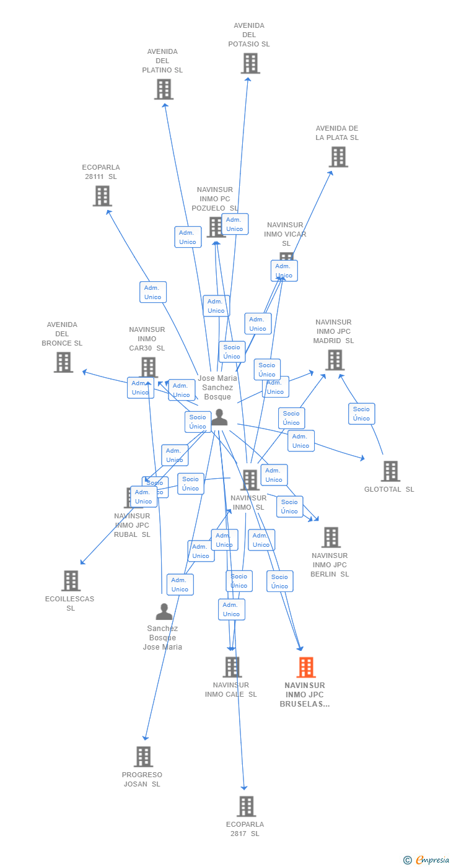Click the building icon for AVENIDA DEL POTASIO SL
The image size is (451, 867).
click(x=250, y=63)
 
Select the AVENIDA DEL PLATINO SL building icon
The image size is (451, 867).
click(x=164, y=89)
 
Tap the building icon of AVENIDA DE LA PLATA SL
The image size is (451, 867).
click(x=338, y=157)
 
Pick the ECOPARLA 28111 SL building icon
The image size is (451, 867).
click(x=102, y=196)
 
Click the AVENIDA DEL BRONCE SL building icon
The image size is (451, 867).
click(x=63, y=362)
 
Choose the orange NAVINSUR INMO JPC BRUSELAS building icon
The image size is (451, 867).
click(x=305, y=668)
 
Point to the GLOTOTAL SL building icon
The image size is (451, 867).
click(x=390, y=471)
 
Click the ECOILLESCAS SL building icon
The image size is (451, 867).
click(x=71, y=581)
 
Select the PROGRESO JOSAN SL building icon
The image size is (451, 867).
click(x=143, y=757)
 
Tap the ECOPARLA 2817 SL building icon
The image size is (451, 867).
click(x=246, y=806)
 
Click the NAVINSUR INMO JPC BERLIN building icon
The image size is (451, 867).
click(x=331, y=538)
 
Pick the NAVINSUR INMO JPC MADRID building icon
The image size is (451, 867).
click(x=335, y=360)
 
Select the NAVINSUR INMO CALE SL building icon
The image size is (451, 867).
click(x=232, y=667)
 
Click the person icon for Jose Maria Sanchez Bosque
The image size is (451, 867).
click(x=219, y=419)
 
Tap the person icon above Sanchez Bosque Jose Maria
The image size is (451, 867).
click(x=164, y=612)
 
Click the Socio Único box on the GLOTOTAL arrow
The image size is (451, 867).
click(x=361, y=414)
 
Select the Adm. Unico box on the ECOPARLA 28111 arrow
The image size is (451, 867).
click(x=152, y=292)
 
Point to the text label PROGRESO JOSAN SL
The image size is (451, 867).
click(x=142, y=779)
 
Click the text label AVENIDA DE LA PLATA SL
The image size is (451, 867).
click(x=337, y=133)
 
